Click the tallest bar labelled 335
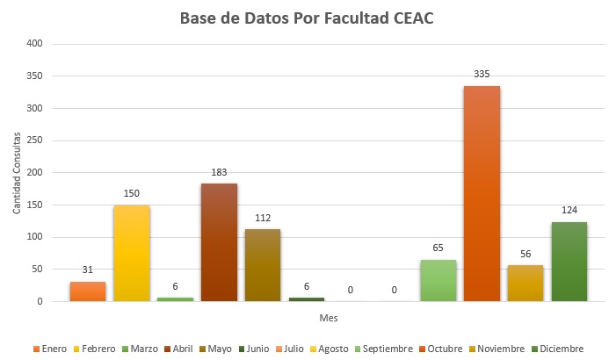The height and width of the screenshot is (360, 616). click(x=482, y=193)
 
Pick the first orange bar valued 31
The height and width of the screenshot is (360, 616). click(x=88, y=292)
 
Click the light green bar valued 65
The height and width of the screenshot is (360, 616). click(x=438, y=280)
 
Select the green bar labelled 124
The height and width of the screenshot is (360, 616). click(x=569, y=262)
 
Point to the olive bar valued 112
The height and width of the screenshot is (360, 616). click(x=263, y=265)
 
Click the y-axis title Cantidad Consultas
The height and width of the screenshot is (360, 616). click(x=17, y=173)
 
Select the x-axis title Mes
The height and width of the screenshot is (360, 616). click(x=328, y=317)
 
